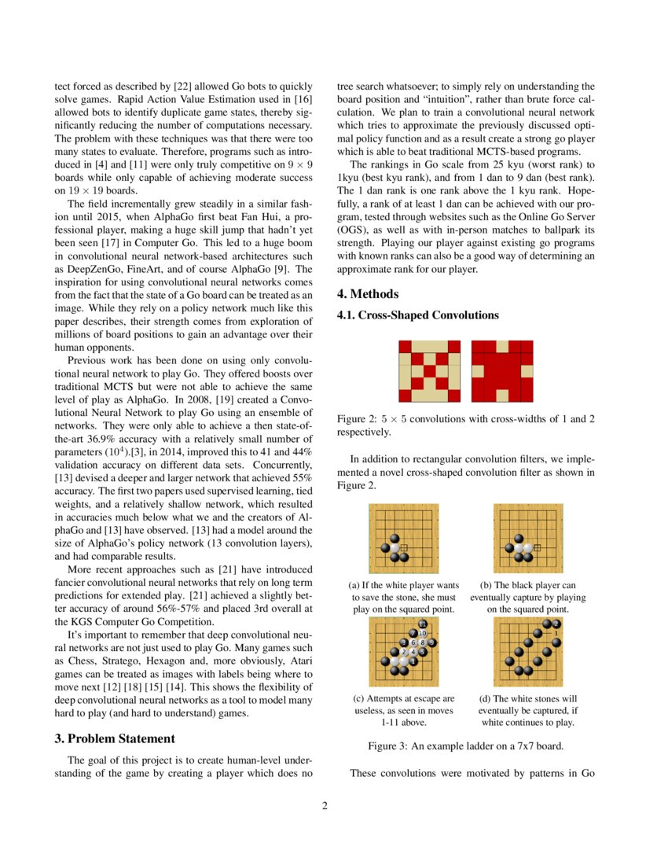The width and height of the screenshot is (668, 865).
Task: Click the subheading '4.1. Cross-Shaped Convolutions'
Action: coord(417,315)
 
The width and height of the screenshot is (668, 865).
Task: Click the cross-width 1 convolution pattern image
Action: coord(429,371)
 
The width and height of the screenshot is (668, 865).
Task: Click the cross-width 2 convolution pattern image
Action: coord(502,371)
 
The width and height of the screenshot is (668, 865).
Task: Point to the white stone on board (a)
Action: coord(395,548)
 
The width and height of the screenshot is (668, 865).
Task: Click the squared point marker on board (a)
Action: coord(404,547)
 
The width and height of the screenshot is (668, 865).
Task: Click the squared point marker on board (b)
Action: coord(538,547)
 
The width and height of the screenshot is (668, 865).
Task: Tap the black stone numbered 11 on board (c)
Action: coord(423,624)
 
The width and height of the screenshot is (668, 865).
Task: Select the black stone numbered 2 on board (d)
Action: coord(556,624)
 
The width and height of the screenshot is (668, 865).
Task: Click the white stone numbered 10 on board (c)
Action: coord(423,633)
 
